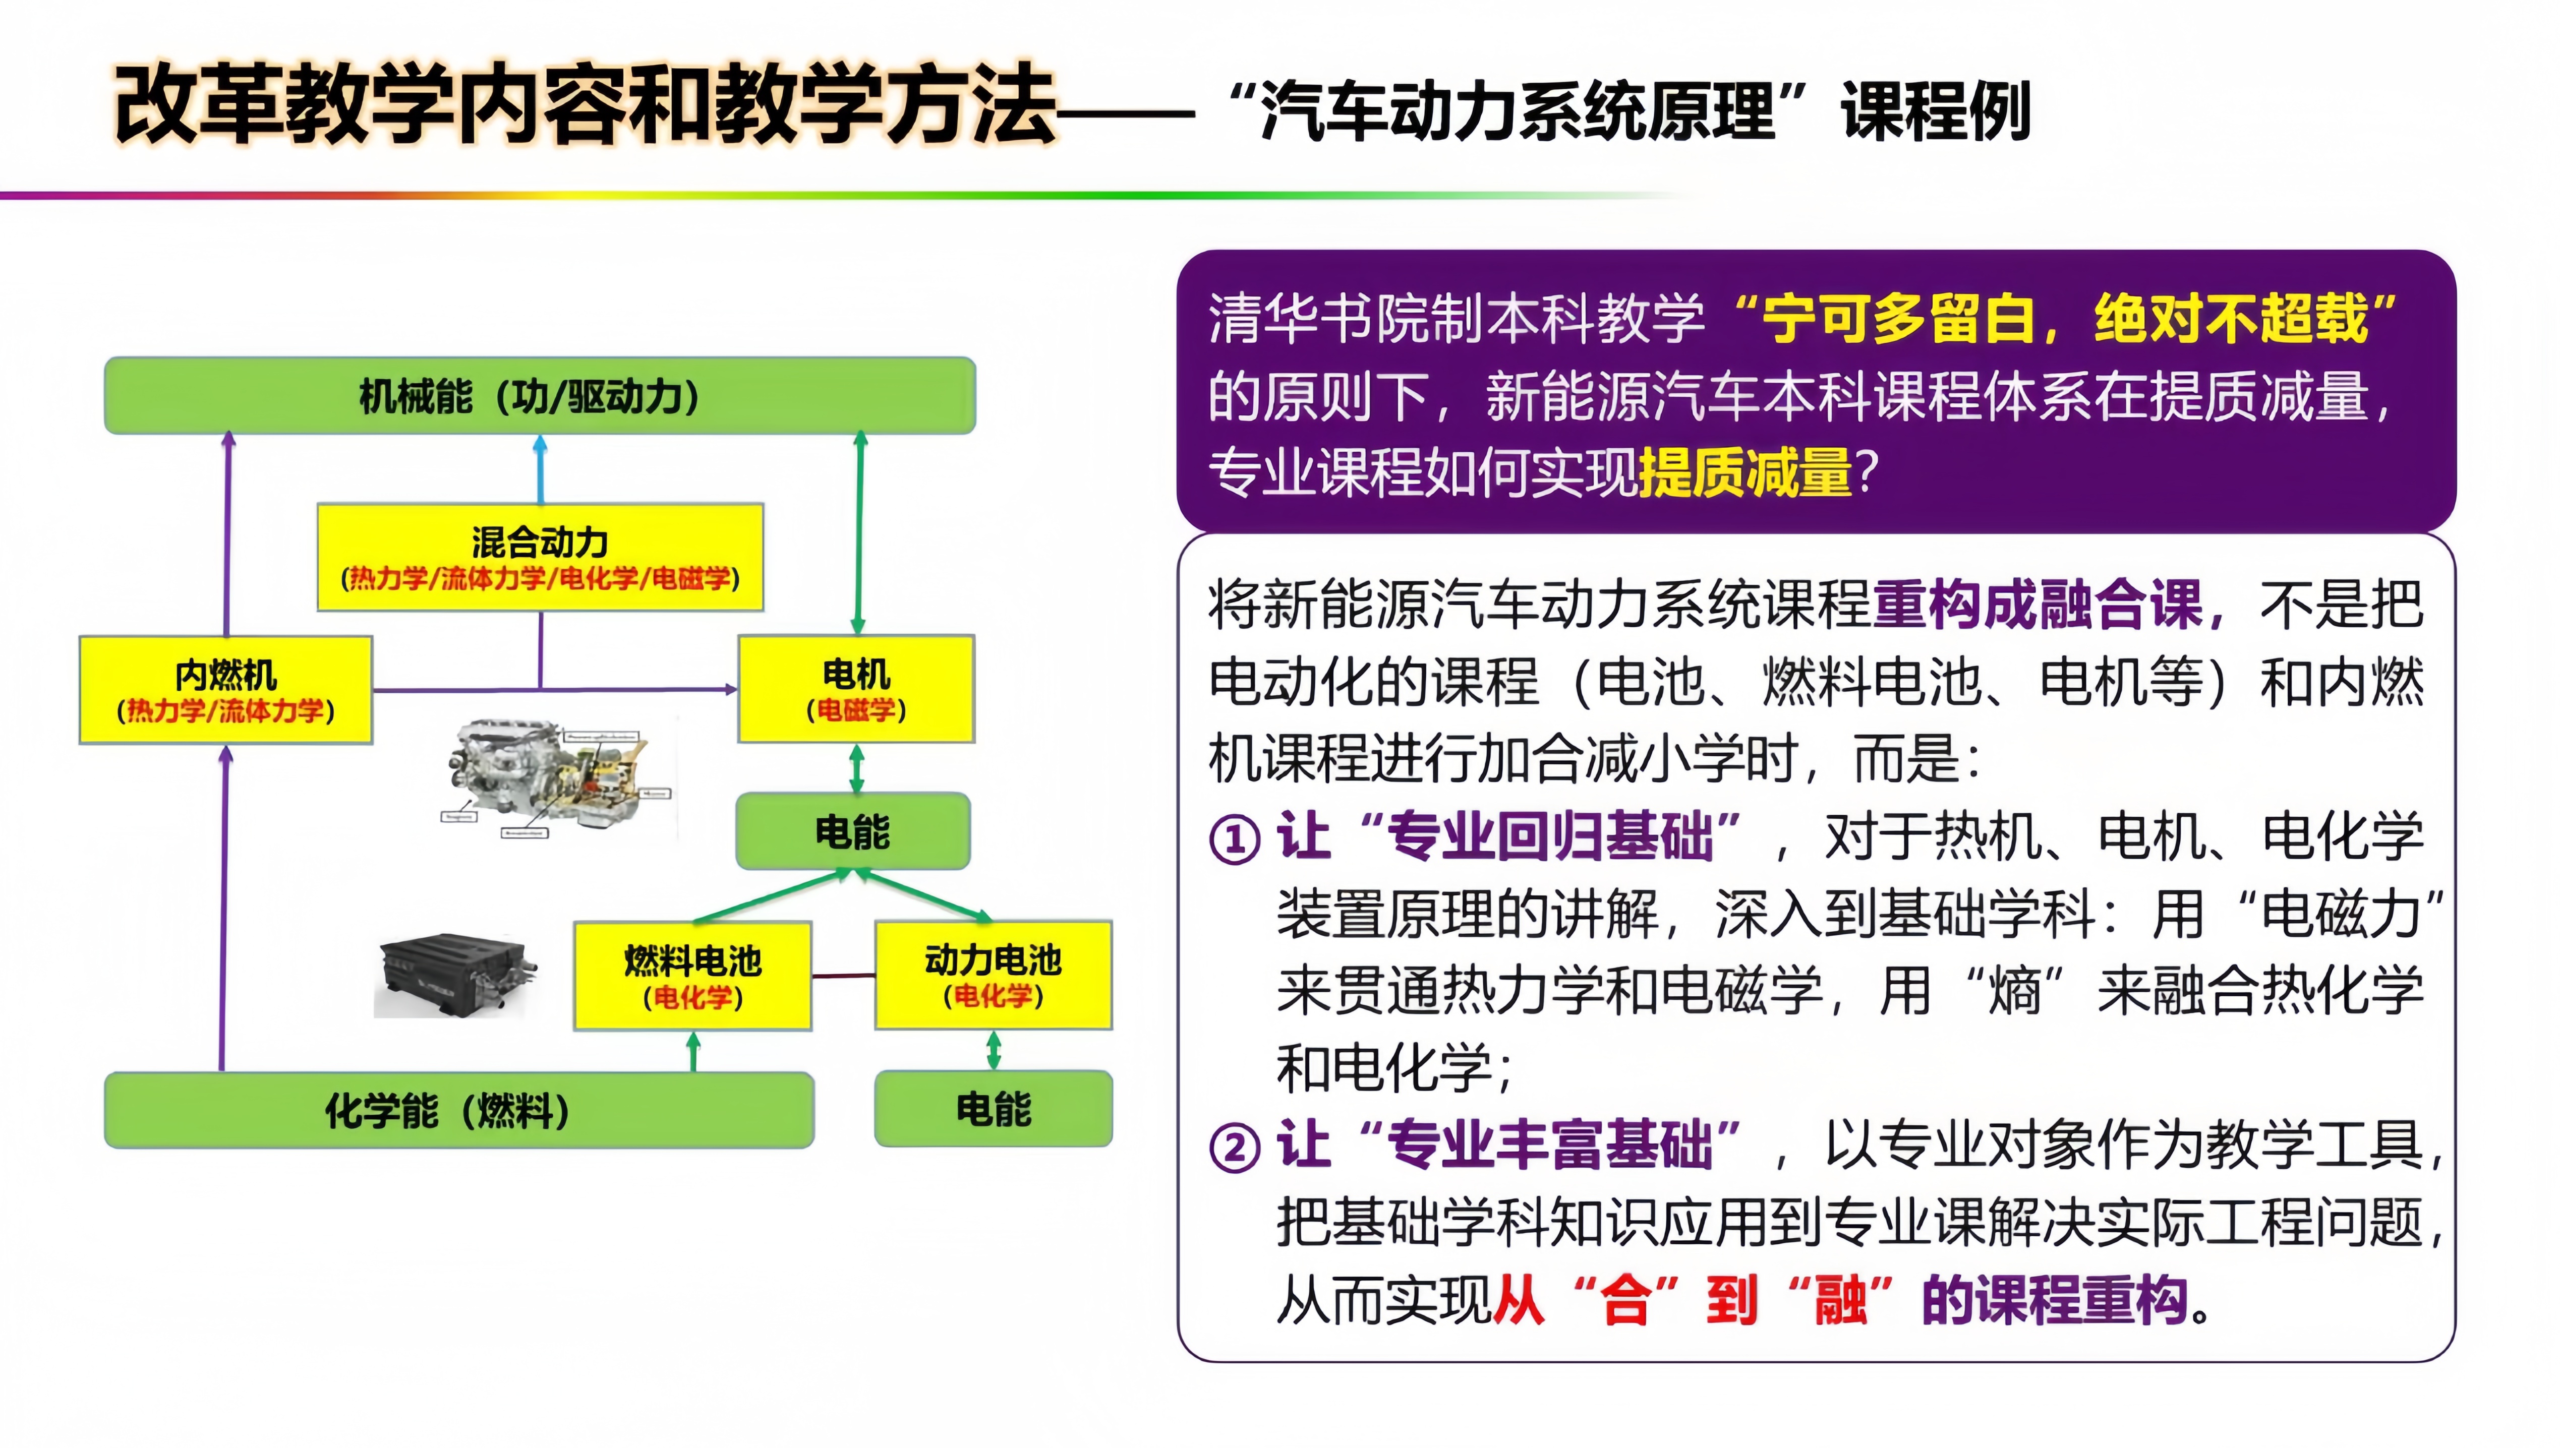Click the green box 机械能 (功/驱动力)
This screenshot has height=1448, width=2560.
click(539, 396)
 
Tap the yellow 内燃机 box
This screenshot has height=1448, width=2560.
click(226, 690)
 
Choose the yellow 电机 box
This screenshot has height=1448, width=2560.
click(855, 689)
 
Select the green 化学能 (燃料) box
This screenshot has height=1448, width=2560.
click(458, 1110)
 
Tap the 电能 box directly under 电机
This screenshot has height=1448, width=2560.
click(852, 831)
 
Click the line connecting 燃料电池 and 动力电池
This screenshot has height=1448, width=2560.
click(843, 976)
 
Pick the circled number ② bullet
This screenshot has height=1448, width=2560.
click(1234, 1149)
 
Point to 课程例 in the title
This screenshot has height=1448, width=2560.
click(1935, 111)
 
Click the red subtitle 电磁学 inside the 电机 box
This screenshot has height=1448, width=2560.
click(855, 710)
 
